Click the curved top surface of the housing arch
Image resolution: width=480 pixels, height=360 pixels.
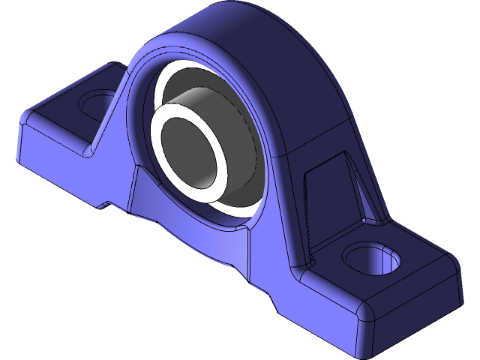[247, 37]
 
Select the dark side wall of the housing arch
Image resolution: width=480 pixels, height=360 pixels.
[315, 97]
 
